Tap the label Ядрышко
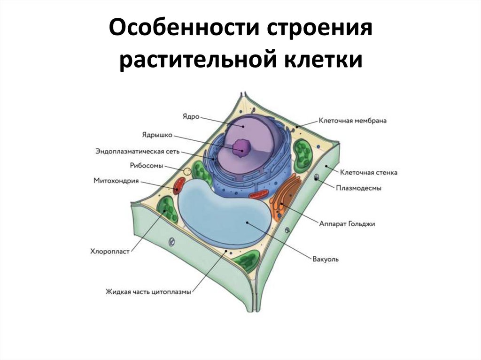[157, 135]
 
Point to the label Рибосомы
[146, 166]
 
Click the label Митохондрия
[116, 180]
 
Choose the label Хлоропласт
[109, 252]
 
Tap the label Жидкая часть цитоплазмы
[148, 292]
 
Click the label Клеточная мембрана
[352, 121]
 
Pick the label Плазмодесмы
[358, 188]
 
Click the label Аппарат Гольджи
[347, 224]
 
